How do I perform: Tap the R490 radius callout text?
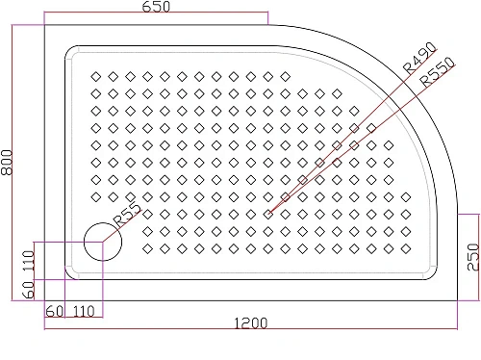[x=420, y=58]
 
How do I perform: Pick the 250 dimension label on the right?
[x=470, y=257]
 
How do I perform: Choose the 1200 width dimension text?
[x=250, y=322]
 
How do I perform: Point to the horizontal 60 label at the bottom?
[x=54, y=311]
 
